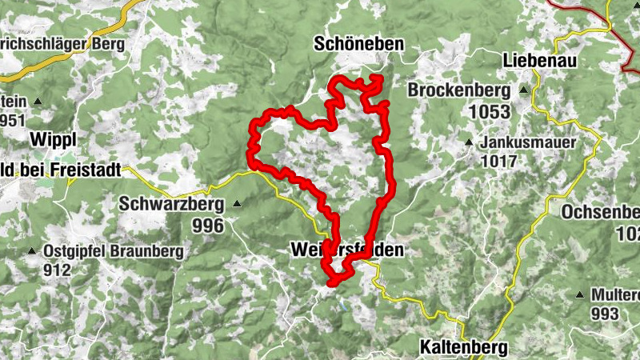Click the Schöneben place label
pos(359,44)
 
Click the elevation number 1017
pos(499,161)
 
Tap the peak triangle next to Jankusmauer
pos(470,142)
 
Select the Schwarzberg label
pos(172,204)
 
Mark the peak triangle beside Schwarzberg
pos(237,205)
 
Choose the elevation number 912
pos(58,270)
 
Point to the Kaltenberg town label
pos(463,348)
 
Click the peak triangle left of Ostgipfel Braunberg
pos(32,251)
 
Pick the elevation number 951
pos(14,121)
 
